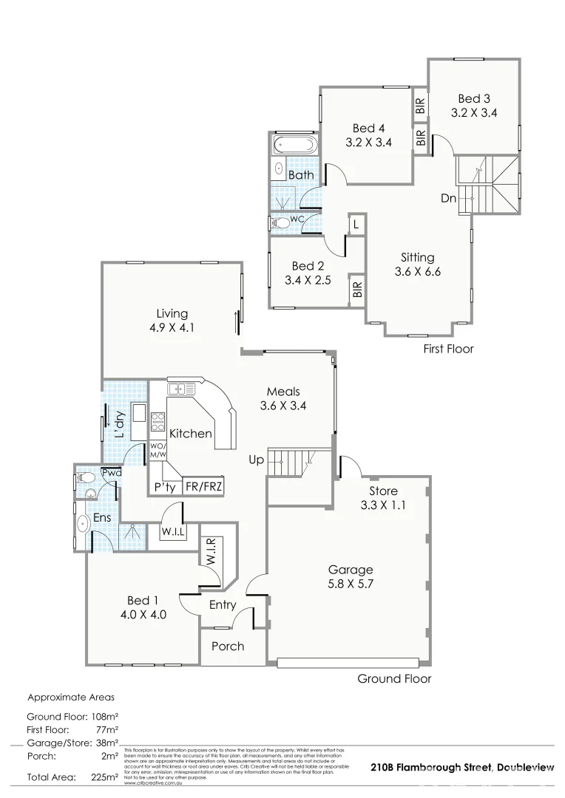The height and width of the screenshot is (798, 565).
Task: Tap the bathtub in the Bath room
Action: (x=294, y=143)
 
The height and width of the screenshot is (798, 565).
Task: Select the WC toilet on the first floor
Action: (x=282, y=221)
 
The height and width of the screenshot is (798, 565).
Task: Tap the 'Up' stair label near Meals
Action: (x=256, y=460)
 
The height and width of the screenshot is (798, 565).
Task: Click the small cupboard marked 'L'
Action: (x=356, y=224)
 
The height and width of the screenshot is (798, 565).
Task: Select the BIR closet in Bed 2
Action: (x=357, y=289)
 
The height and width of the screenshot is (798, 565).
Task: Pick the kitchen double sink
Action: (x=180, y=389)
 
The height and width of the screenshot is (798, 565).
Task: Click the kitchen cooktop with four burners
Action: (x=158, y=421)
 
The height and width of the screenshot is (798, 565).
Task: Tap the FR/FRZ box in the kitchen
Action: (x=203, y=487)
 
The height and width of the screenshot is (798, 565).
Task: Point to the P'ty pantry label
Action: (x=162, y=488)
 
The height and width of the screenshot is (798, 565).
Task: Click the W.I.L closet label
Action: (x=172, y=531)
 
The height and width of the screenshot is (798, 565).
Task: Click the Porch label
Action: (x=228, y=646)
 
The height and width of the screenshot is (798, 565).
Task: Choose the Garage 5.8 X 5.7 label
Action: (x=351, y=577)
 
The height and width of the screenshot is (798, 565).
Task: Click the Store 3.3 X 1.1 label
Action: (x=383, y=498)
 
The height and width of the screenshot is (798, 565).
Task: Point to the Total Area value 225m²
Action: (x=104, y=778)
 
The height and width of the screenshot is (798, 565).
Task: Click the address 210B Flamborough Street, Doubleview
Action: (x=461, y=768)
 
